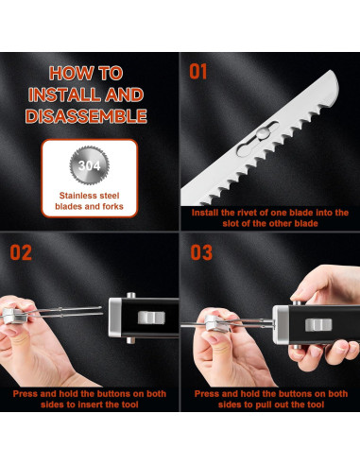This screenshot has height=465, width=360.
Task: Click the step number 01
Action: click(199, 71)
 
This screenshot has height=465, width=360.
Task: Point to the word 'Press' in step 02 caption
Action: click(27, 392)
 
